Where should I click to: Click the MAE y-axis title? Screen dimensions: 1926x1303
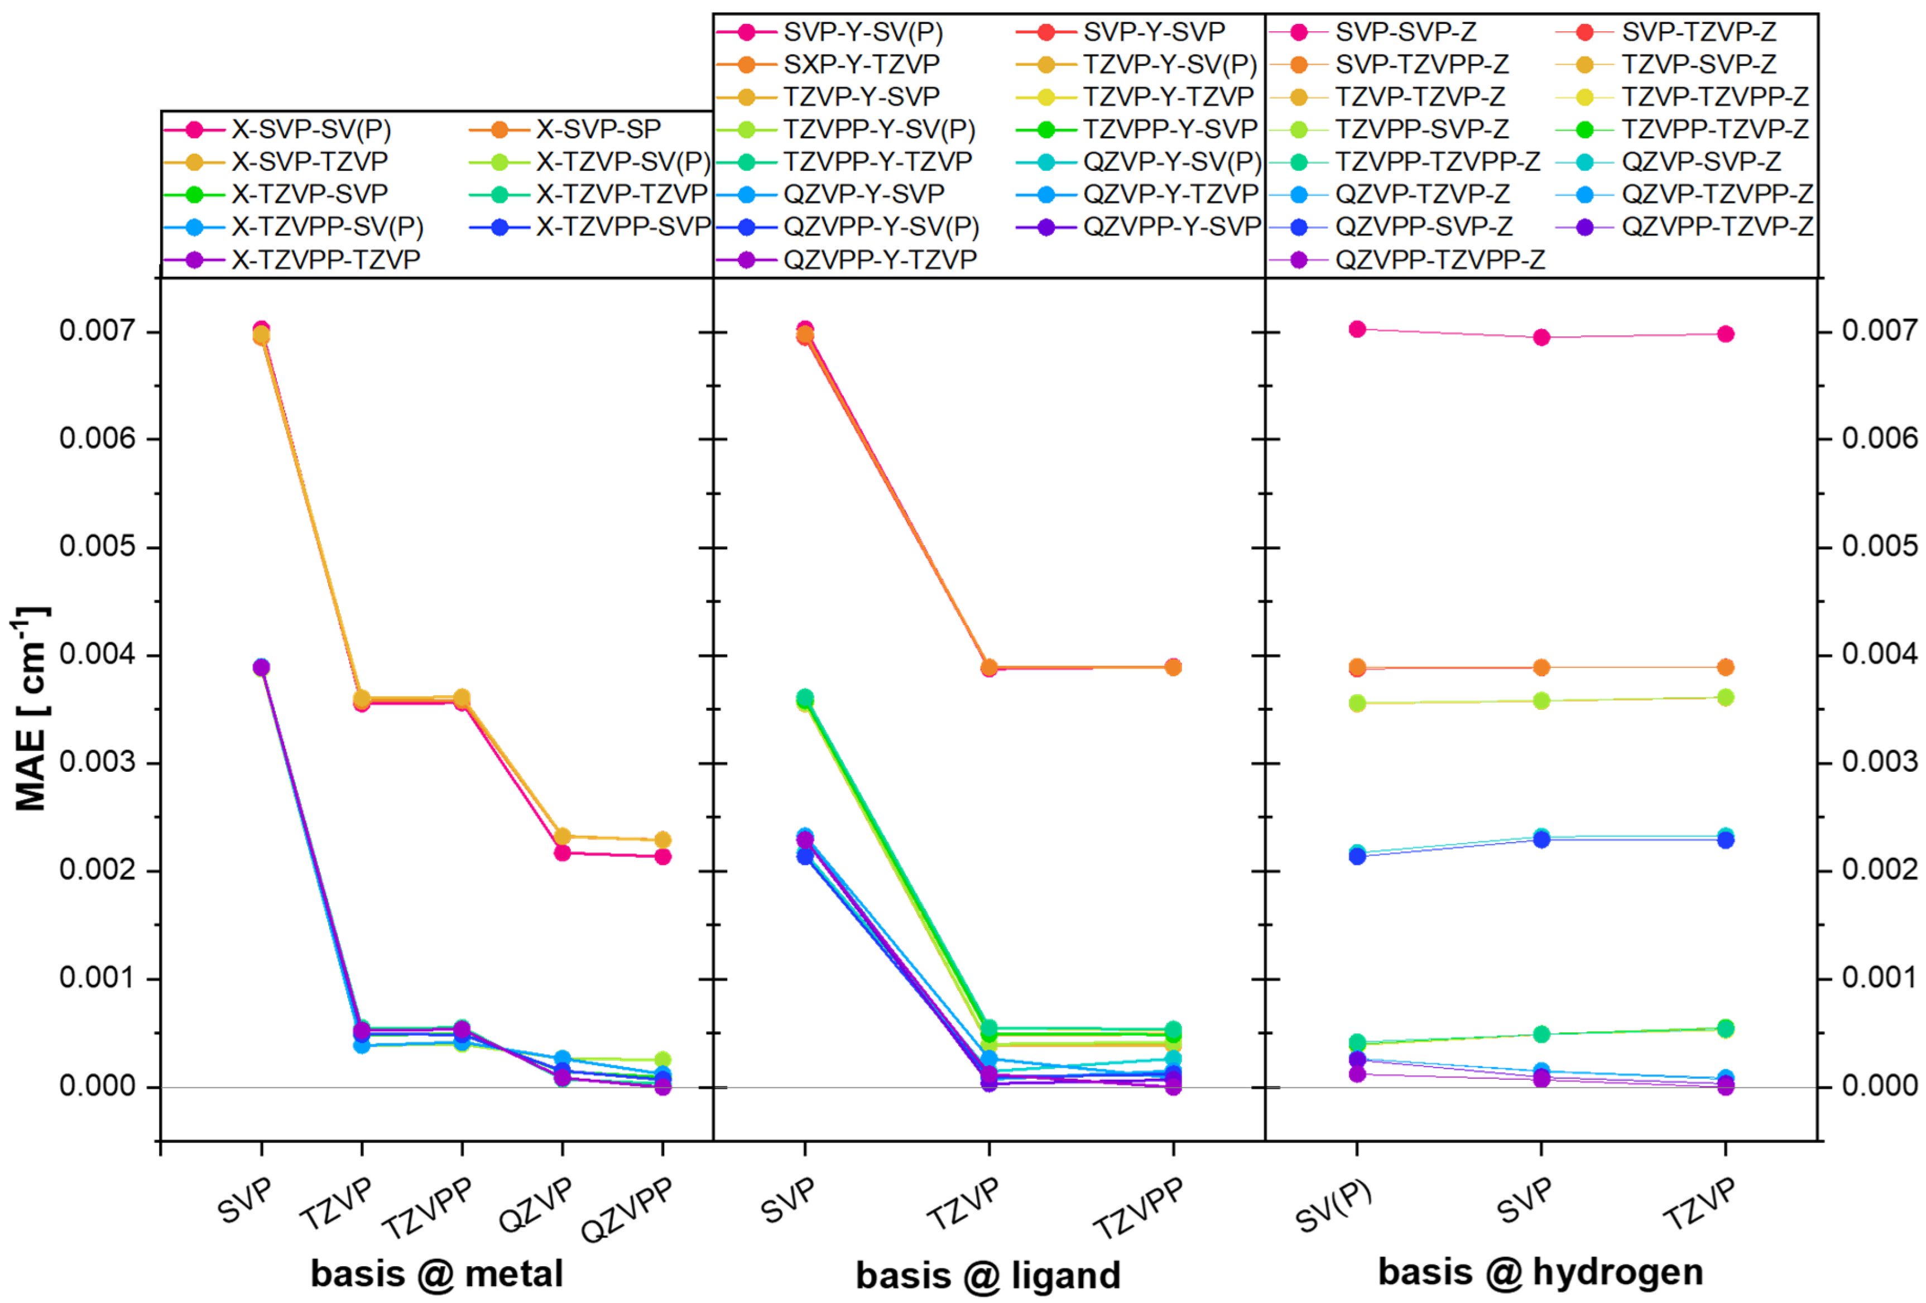[x=31, y=709]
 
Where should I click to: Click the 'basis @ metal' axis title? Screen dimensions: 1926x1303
[x=437, y=1273]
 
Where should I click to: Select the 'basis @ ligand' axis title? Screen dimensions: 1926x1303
[x=988, y=1275]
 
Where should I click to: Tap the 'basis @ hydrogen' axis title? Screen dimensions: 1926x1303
[x=1541, y=1272]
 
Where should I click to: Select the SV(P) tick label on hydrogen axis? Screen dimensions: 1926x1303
[x=1333, y=1206]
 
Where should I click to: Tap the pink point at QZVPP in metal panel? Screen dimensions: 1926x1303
[x=662, y=856]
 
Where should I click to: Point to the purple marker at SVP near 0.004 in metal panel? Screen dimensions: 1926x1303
[x=261, y=667]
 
